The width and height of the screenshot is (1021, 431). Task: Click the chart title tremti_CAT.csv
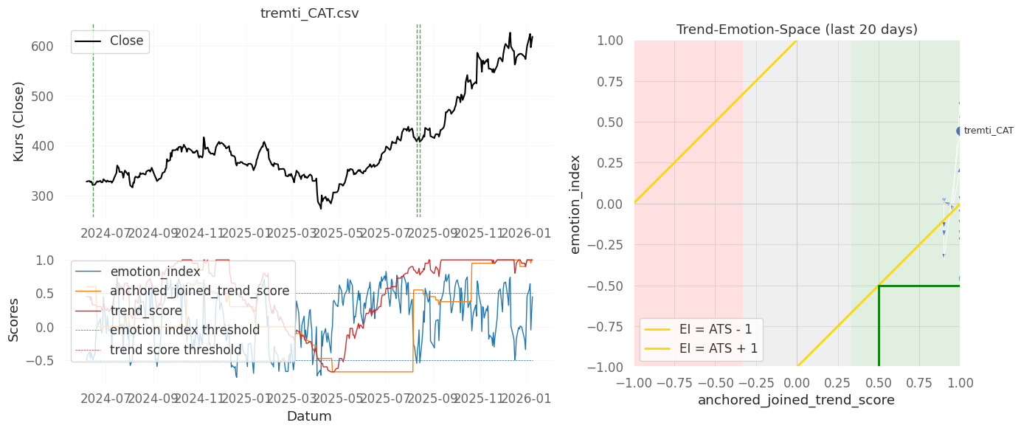pos(309,14)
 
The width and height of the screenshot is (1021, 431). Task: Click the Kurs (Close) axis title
pos(18,122)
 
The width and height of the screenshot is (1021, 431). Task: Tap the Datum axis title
pos(309,416)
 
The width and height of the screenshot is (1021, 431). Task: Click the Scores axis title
pos(14,320)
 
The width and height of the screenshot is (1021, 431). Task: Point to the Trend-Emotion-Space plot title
pos(797,30)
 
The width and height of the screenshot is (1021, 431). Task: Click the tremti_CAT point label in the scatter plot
pos(989,131)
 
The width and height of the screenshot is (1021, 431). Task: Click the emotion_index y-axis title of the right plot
pos(575,204)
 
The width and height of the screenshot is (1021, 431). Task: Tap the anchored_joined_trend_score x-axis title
pos(797,400)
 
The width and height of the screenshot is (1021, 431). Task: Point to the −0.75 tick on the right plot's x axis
pos(674,382)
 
